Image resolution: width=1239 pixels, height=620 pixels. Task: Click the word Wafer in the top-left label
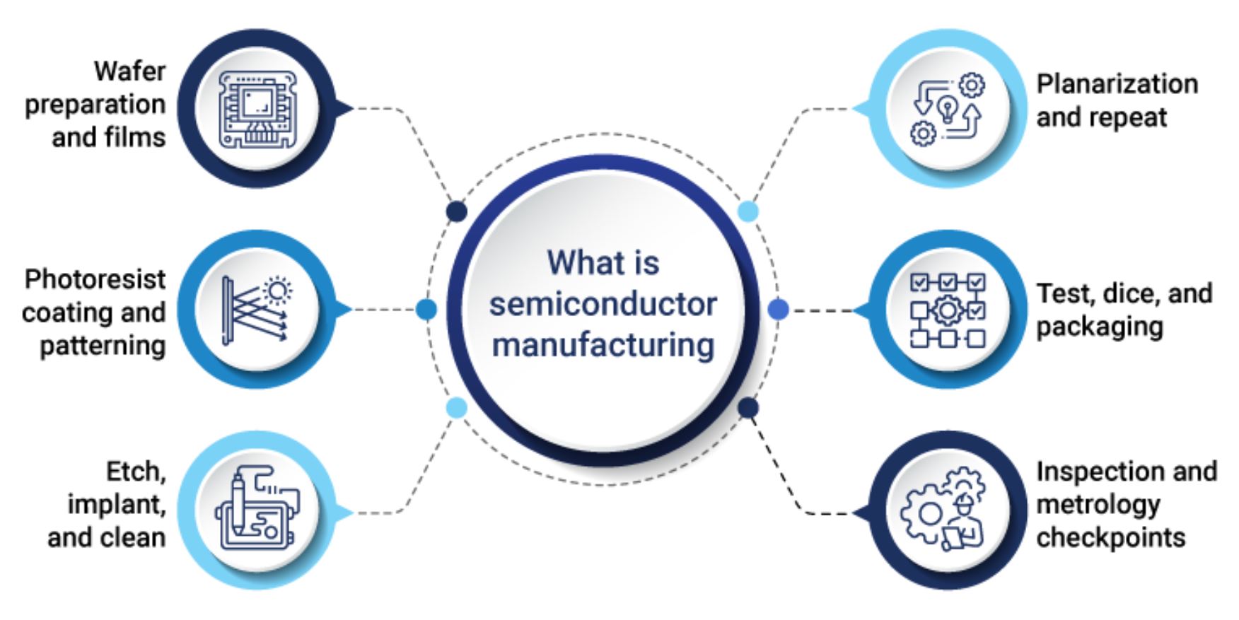(129, 71)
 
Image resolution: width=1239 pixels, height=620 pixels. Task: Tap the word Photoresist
(95, 279)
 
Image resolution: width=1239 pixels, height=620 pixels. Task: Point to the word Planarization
(1117, 84)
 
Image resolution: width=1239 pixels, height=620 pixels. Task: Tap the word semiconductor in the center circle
(603, 304)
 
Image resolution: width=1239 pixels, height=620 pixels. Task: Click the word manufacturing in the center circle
(603, 346)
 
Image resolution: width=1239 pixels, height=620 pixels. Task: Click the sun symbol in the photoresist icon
(277, 291)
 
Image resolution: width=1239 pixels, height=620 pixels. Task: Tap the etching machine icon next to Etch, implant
(257, 508)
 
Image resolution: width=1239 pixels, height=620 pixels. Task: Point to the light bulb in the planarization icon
(947, 110)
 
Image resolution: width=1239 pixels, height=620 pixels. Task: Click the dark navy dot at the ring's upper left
(457, 211)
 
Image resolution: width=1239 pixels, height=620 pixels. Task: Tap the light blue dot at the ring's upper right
(748, 211)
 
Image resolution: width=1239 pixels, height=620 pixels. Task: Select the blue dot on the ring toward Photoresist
(426, 309)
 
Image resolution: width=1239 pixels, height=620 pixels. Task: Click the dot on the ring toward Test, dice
(778, 309)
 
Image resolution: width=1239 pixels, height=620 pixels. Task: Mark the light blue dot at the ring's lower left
(457, 408)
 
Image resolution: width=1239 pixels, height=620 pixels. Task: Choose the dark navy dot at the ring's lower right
(748, 408)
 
